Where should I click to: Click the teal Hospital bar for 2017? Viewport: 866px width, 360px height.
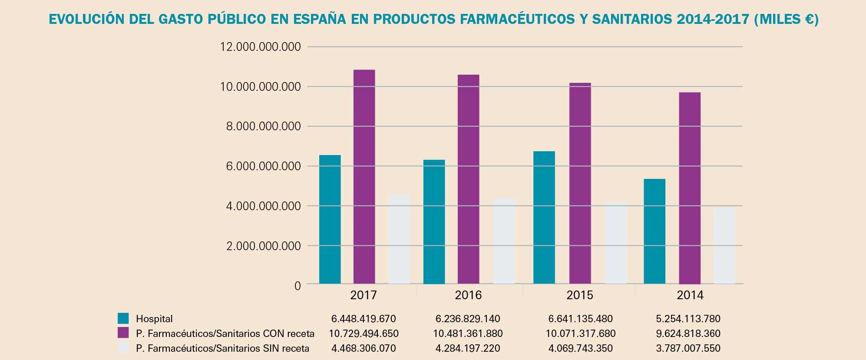tap(330, 219)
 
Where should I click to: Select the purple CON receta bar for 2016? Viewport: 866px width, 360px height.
tap(468, 179)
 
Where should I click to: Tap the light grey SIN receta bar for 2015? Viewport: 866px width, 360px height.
tap(615, 243)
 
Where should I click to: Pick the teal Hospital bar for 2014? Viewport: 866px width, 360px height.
tap(654, 231)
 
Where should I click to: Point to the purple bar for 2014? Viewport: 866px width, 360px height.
tap(689, 188)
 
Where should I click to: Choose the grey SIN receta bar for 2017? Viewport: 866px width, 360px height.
tap(399, 239)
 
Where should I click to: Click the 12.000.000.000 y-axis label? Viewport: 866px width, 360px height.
tap(260, 46)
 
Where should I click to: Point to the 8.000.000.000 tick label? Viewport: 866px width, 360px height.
tap(260, 126)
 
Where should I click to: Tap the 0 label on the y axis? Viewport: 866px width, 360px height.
tap(297, 286)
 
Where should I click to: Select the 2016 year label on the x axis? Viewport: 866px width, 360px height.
tap(468, 295)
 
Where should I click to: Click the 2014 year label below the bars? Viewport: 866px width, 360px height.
tap(690, 295)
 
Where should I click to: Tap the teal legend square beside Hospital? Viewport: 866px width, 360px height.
tap(123, 318)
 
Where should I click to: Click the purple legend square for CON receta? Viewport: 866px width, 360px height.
tap(123, 333)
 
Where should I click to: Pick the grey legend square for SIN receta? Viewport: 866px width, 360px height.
tap(123, 348)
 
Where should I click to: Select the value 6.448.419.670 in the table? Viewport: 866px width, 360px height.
tap(364, 319)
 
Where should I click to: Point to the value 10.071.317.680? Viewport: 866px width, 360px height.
tap(580, 334)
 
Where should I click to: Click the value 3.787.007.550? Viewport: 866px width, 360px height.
tap(688, 348)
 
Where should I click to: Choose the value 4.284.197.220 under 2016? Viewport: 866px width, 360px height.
tap(468, 348)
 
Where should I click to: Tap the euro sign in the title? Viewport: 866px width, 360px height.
tap(807, 20)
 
